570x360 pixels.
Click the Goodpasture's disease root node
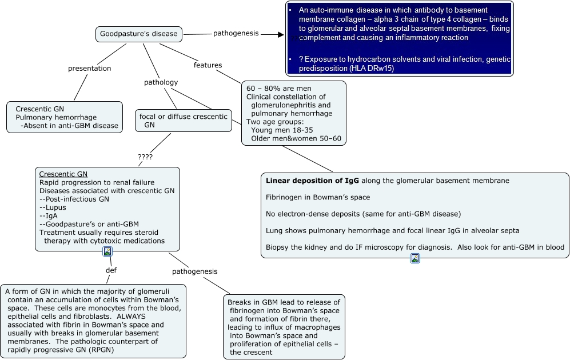tap(139, 34)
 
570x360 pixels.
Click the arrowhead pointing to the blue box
tap(280, 34)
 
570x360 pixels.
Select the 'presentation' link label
tap(90, 69)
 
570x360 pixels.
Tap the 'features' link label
tap(208, 65)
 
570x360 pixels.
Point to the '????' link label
tap(145, 157)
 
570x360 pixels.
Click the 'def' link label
tap(111, 270)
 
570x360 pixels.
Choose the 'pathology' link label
tap(161, 82)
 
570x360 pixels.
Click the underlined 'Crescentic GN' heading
tap(63, 174)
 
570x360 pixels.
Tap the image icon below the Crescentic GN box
tap(107, 251)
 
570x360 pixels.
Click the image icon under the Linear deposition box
tap(415, 258)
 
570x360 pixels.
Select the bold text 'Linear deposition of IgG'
tap(313, 181)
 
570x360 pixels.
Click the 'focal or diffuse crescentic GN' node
tap(183, 121)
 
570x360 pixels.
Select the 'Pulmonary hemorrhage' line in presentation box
tap(56, 117)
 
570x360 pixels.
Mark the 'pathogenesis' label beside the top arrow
tap(236, 34)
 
